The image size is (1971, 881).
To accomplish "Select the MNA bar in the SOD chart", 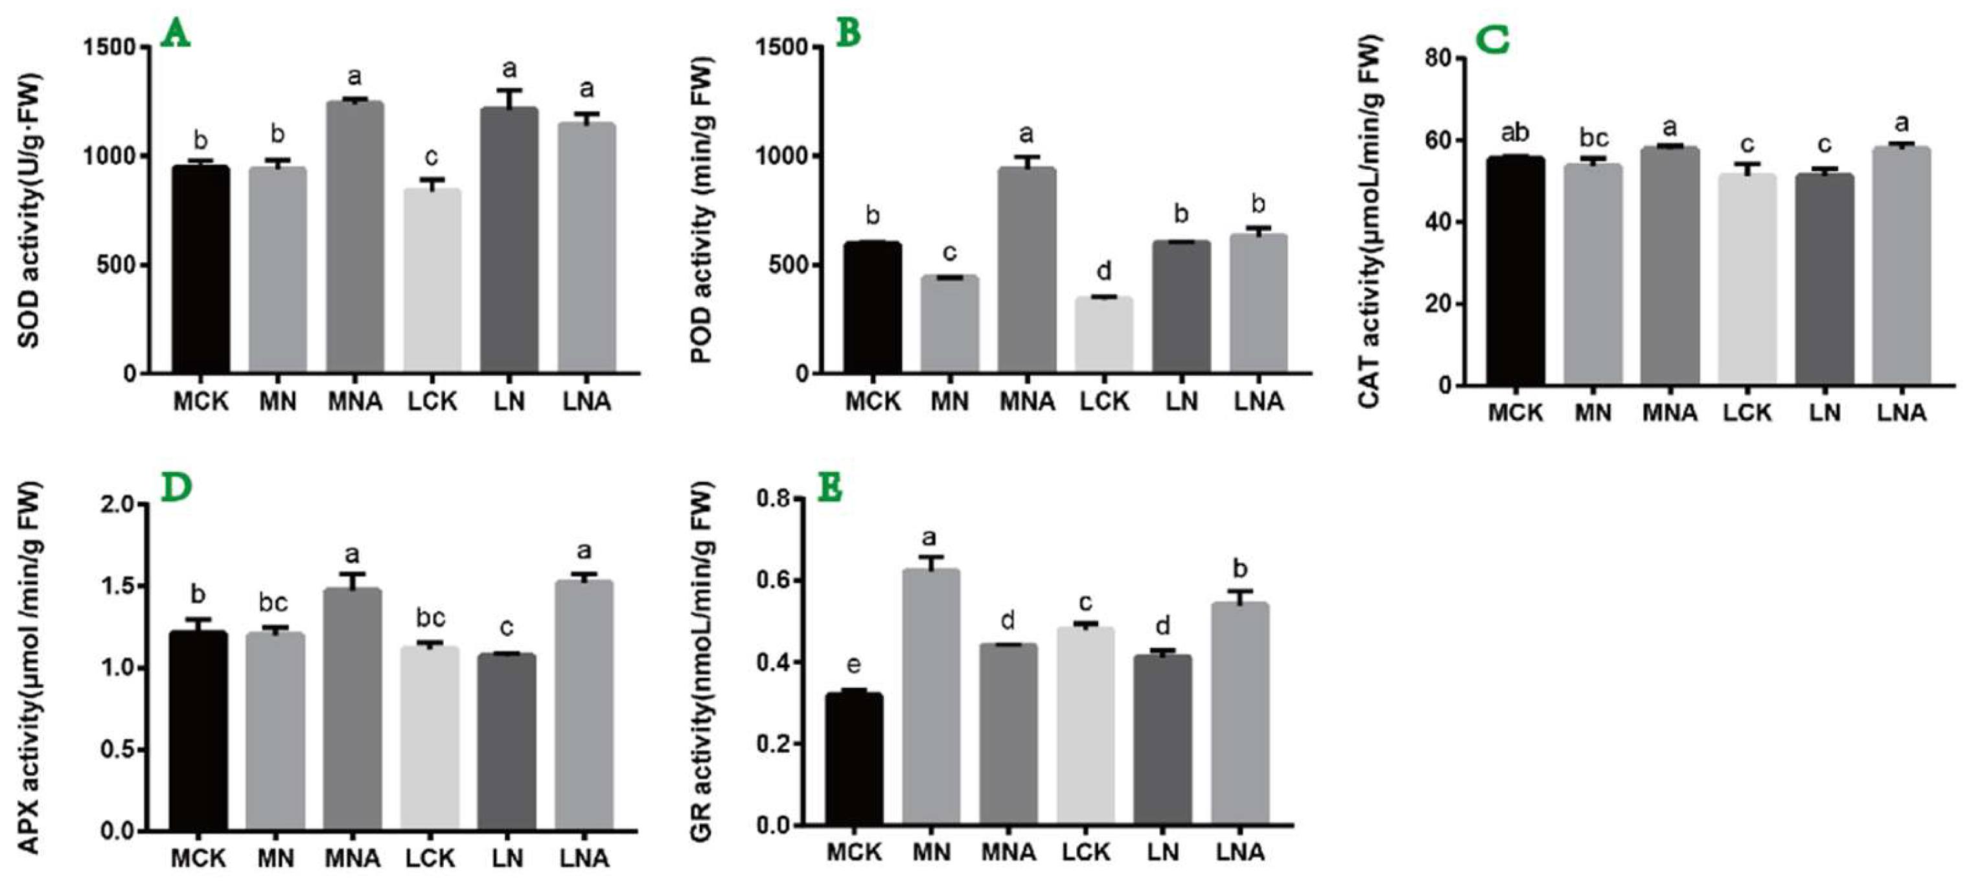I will tap(355, 237).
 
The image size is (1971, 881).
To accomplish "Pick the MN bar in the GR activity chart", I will tap(931, 696).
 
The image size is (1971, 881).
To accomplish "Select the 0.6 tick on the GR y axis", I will tap(773, 581).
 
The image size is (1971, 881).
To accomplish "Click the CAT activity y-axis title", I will tap(1370, 222).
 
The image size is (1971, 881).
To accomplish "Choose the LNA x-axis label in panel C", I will tap(1902, 413).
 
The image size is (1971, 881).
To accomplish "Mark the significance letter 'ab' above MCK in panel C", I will tap(1515, 133).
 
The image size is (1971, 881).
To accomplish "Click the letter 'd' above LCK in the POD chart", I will tap(1104, 271).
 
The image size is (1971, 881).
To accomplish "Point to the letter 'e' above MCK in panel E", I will tap(854, 665).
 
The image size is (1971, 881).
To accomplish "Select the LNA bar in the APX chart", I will tap(584, 704).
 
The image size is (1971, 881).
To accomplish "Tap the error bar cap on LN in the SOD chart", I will tap(509, 90).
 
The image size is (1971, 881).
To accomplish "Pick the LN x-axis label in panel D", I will tap(507, 858).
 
